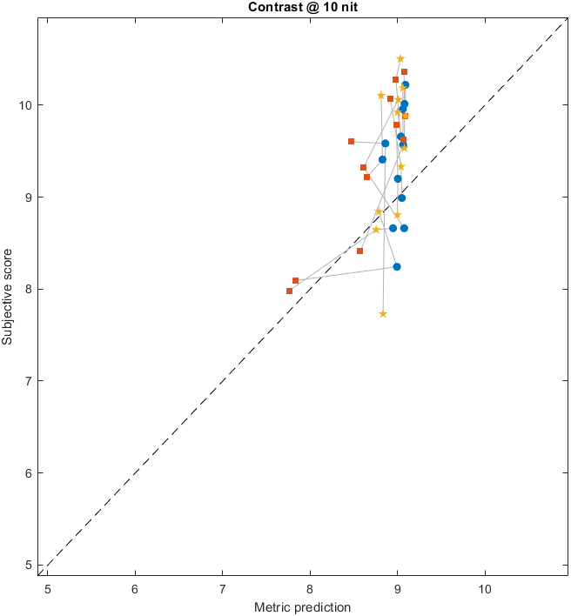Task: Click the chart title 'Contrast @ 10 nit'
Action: [285, 7]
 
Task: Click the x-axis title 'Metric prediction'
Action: [302, 607]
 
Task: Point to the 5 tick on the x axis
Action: [48, 589]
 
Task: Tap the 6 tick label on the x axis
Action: [135, 589]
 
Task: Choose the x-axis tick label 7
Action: [222, 589]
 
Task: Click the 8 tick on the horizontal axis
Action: [310, 589]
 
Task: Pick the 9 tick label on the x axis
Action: [397, 589]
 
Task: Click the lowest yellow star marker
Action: [383, 314]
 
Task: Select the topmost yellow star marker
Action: [400, 59]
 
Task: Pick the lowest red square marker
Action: [289, 291]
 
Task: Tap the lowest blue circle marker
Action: [397, 266]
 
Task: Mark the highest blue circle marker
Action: [406, 85]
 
